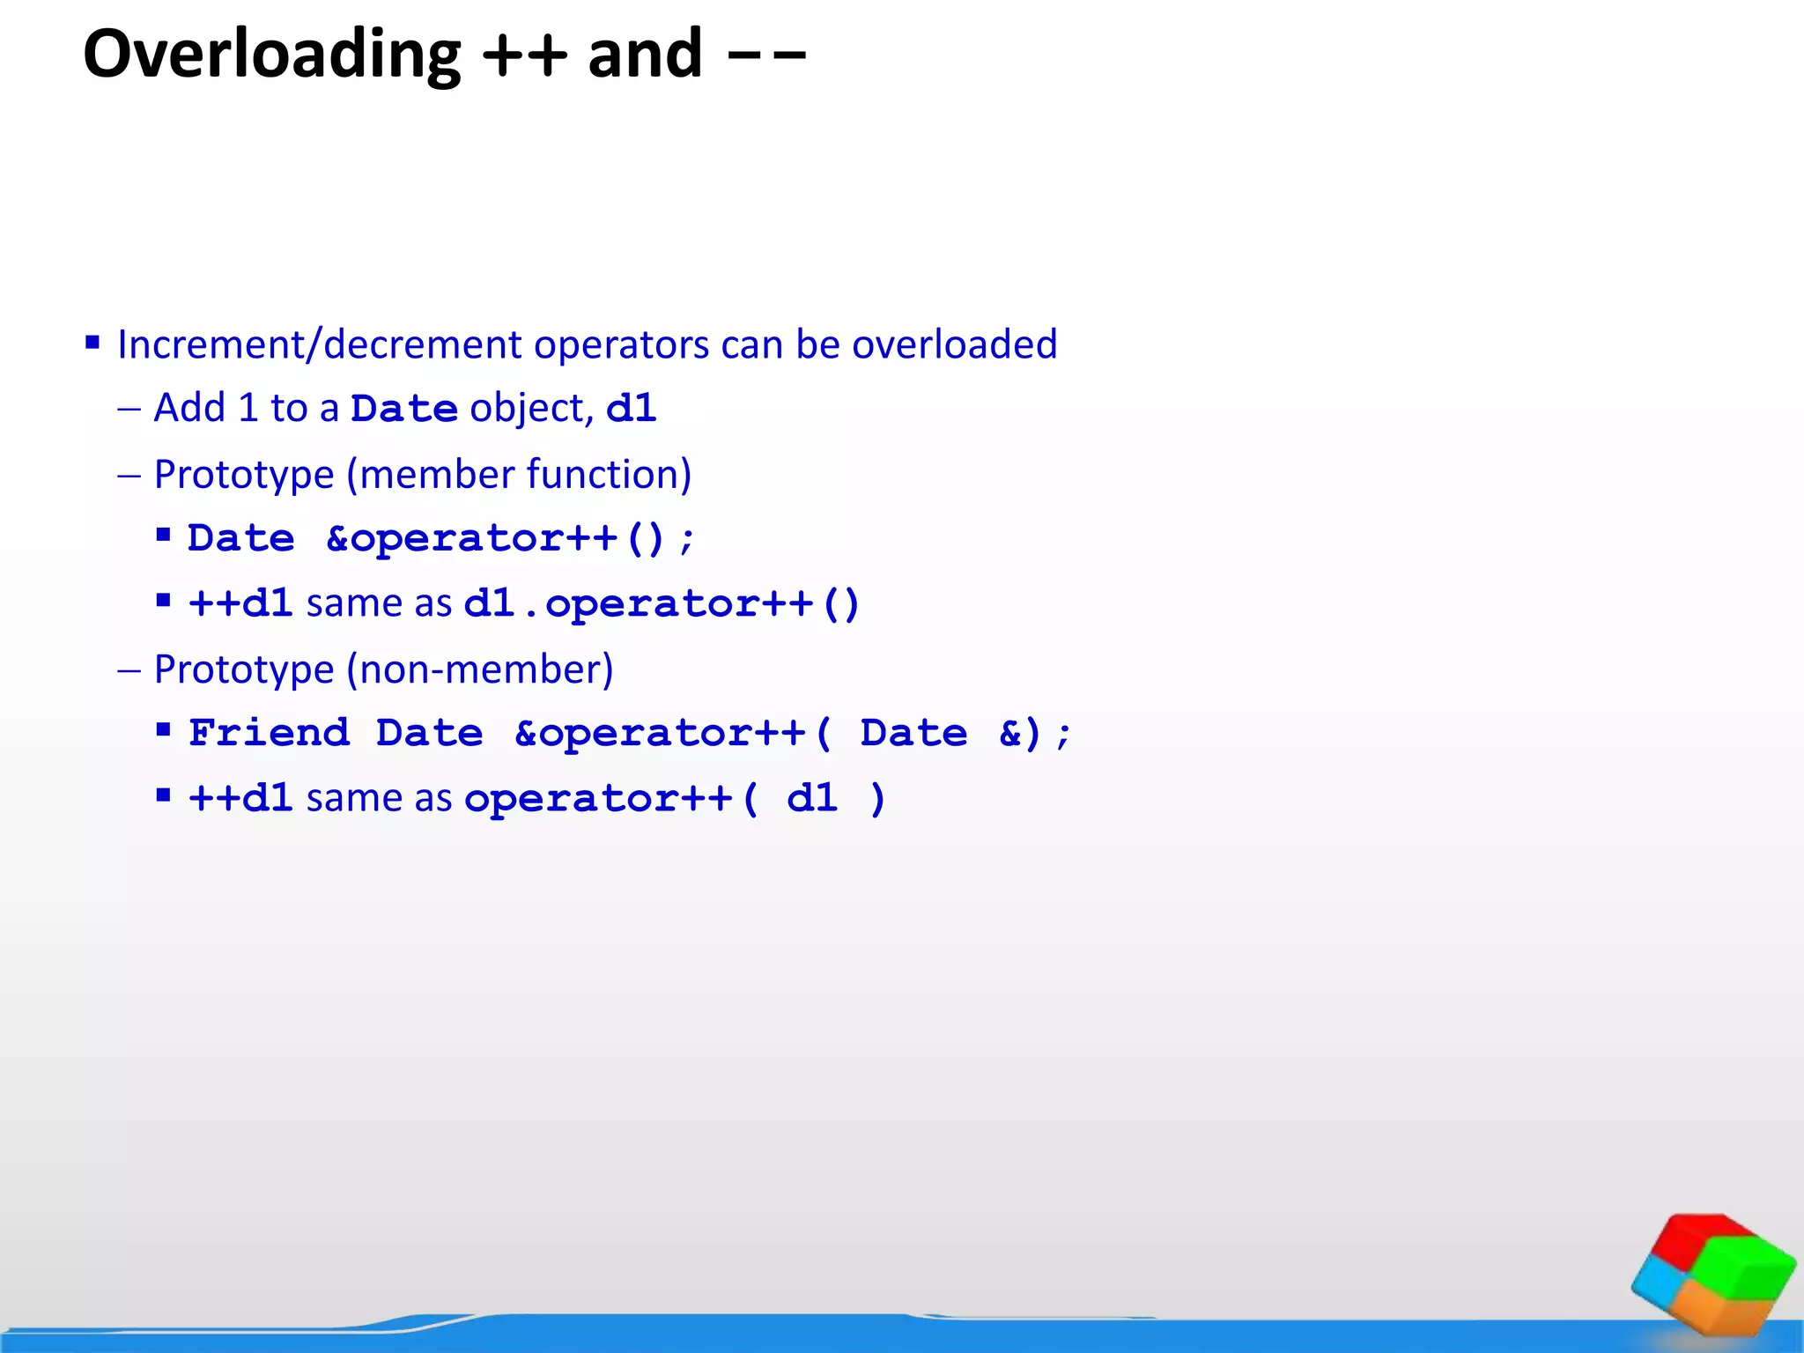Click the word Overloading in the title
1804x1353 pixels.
click(x=271, y=55)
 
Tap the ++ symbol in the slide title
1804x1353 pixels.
click(x=525, y=55)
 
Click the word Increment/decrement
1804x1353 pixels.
click(x=322, y=344)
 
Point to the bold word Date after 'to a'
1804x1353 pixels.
click(x=403, y=409)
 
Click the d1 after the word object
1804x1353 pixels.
click(x=632, y=409)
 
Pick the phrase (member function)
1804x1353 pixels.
click(x=519, y=474)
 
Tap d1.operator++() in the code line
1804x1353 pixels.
click(x=662, y=603)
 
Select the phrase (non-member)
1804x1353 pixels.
click(x=480, y=669)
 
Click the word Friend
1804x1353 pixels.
click(x=269, y=733)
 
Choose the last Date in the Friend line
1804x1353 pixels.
click(x=913, y=733)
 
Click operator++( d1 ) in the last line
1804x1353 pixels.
click(x=675, y=799)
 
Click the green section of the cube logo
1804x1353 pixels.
click(x=1753, y=1268)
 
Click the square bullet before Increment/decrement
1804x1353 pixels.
click(x=92, y=342)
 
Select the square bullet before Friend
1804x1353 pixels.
click(x=163, y=729)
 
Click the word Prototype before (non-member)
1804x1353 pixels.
click(x=244, y=669)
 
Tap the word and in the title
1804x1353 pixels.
click(x=645, y=55)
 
